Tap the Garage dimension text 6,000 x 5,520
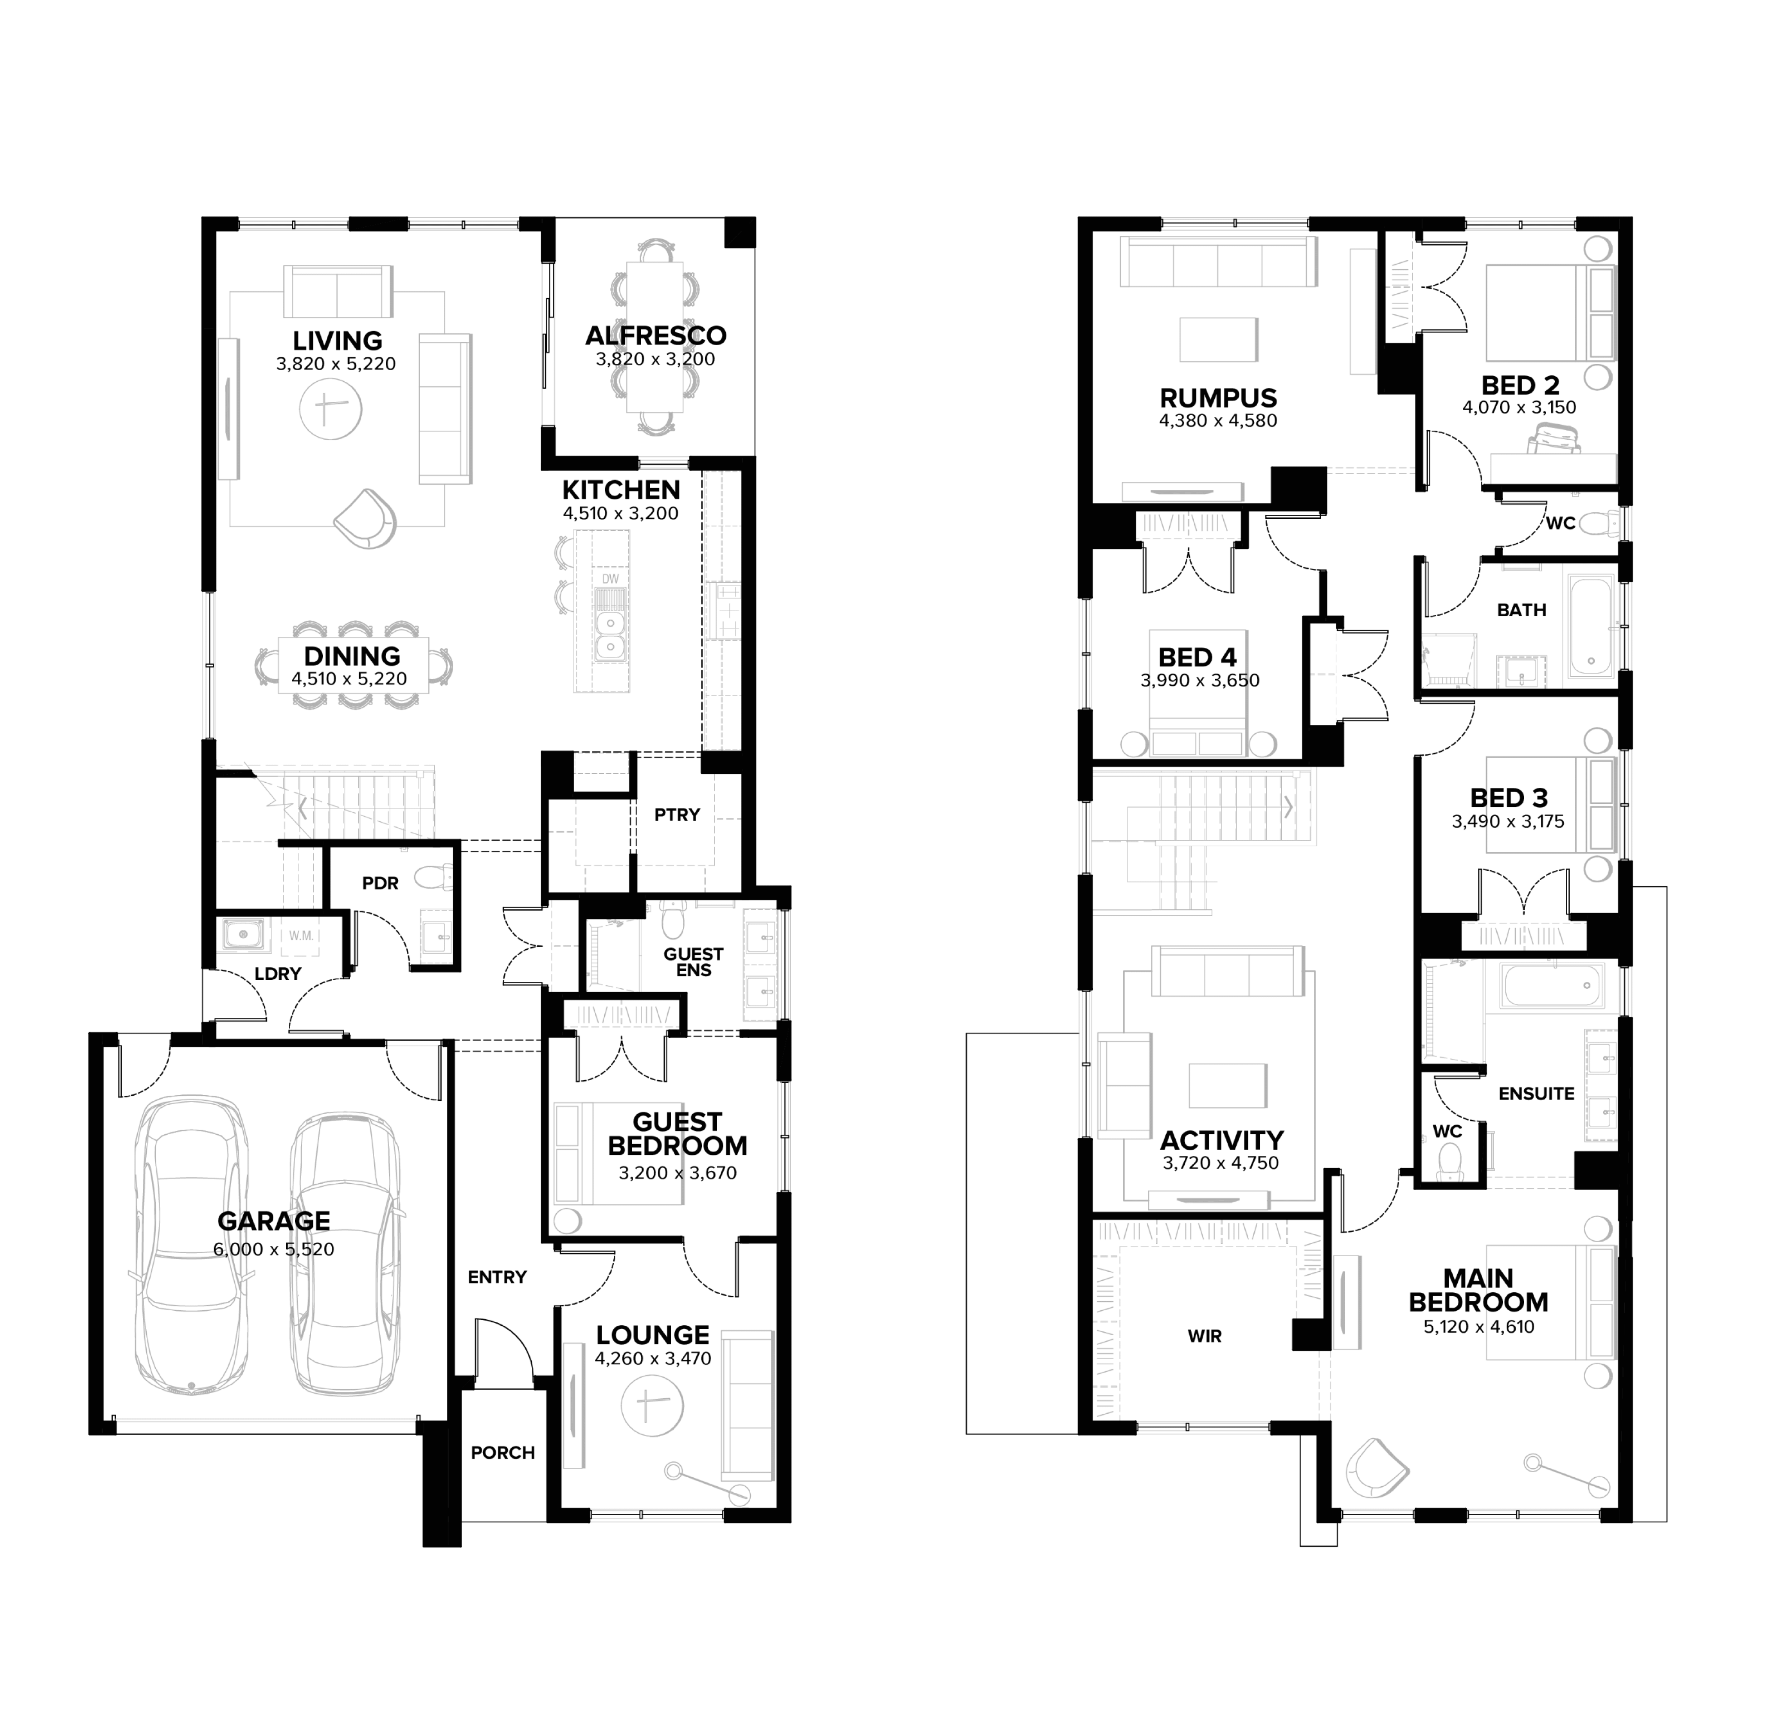click(274, 1249)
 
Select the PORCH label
click(503, 1452)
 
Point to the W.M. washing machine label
click(301, 935)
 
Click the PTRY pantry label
click(677, 815)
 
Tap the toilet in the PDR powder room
click(434, 878)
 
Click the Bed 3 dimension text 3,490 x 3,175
click(1508, 821)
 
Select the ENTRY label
click(497, 1277)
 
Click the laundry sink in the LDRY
click(242, 934)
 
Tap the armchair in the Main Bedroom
click(1376, 1467)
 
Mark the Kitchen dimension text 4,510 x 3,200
click(621, 514)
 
